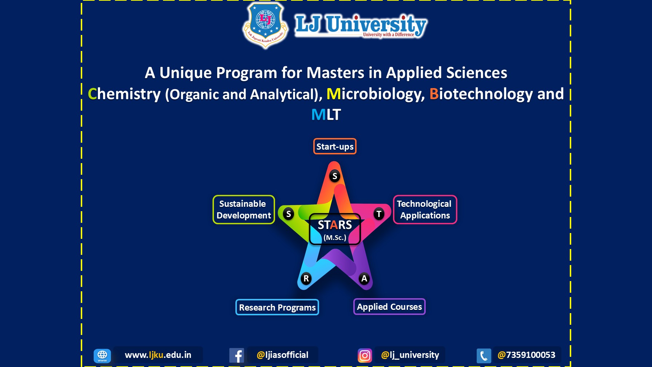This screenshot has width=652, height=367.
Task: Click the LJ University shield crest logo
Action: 265,25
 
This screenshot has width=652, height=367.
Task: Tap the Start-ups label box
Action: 335,146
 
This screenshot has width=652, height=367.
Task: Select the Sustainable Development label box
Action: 244,210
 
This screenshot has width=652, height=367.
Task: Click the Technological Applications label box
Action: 425,210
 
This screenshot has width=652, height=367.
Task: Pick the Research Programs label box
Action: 277,307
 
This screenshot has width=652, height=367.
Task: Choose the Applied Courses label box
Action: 389,307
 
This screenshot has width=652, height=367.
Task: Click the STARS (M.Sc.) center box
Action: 335,229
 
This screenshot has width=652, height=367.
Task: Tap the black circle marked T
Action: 379,214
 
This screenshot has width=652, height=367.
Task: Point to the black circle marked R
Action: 306,279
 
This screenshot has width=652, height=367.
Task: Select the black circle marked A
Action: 364,279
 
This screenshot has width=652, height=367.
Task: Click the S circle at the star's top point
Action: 335,176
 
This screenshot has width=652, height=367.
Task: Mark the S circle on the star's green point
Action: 289,214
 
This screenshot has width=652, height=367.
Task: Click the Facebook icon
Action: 236,355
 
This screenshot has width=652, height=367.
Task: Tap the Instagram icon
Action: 365,355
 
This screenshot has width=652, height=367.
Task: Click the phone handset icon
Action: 484,355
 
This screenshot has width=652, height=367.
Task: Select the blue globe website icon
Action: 102,355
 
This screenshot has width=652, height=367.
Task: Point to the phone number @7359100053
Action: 526,355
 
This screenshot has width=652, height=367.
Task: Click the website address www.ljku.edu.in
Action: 158,355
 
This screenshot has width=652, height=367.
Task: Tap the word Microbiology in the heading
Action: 376,94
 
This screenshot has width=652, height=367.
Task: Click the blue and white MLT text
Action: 326,115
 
